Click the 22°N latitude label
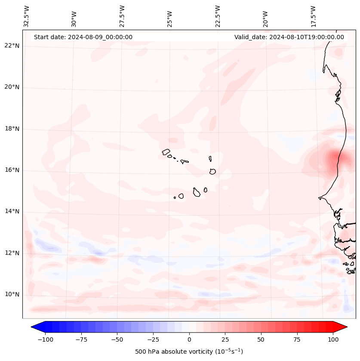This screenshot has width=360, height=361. (12, 46)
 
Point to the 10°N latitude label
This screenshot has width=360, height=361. (12, 295)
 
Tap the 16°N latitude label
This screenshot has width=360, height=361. (12, 170)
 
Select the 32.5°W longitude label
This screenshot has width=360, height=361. (27, 16)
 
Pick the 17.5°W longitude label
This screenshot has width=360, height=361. (313, 16)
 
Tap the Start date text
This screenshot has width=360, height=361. (83, 37)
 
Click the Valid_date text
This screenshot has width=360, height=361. (289, 37)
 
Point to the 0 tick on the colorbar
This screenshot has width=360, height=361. (189, 339)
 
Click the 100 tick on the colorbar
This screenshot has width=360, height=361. (333, 339)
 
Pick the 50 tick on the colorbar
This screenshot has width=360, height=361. (261, 339)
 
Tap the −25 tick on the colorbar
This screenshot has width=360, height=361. (153, 339)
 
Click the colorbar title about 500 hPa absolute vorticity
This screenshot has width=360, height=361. (189, 352)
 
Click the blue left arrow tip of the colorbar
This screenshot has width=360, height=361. (33, 327)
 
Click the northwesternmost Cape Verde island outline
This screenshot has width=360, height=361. (166, 152)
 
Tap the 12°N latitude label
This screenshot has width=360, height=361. (12, 253)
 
